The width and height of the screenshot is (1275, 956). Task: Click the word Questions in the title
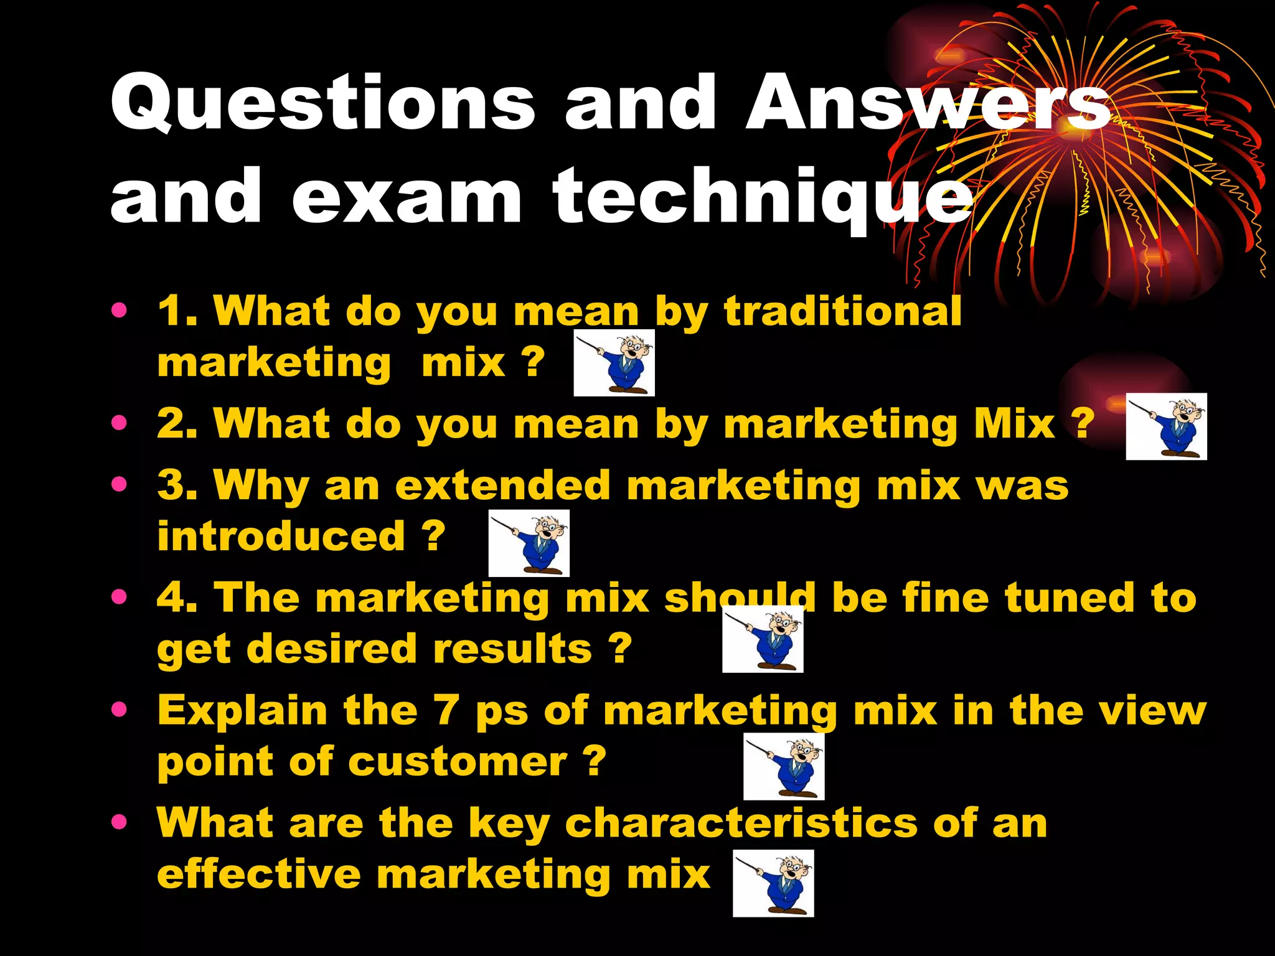(322, 103)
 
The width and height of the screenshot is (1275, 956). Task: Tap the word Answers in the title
(928, 103)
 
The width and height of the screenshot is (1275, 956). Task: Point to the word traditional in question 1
(842, 311)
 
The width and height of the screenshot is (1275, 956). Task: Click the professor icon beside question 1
(614, 363)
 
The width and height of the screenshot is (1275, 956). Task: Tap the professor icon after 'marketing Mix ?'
(1166, 426)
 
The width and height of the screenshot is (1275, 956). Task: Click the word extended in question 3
(503, 485)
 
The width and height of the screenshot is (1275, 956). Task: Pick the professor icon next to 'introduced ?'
(529, 543)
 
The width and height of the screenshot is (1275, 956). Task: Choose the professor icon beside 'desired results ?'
(763, 639)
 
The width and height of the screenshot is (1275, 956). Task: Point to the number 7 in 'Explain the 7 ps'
(446, 710)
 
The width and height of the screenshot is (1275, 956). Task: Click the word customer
(458, 761)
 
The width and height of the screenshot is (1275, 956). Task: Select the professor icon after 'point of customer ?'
(784, 766)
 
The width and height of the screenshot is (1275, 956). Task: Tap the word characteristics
(741, 823)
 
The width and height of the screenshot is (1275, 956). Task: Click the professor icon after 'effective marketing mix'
(773, 883)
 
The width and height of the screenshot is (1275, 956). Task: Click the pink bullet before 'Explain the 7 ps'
(119, 709)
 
